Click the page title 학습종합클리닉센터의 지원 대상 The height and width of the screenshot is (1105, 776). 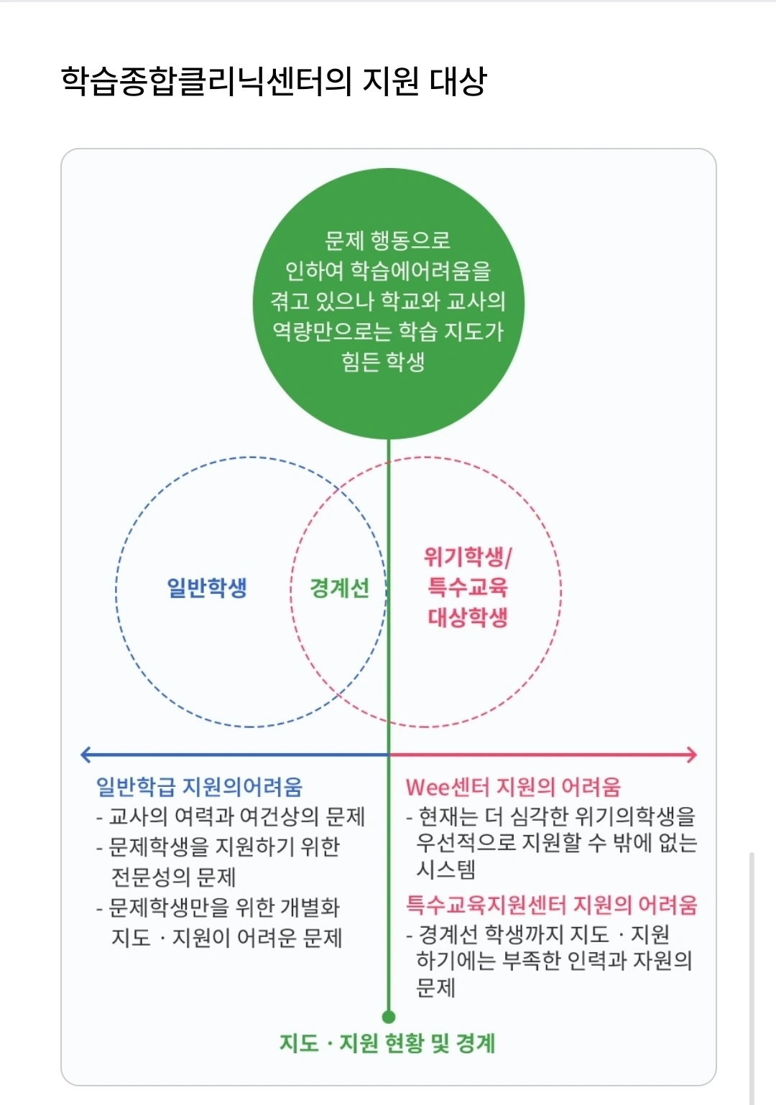coord(274,81)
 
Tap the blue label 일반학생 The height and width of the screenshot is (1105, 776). coord(207,587)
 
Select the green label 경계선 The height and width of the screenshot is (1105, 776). coord(339,588)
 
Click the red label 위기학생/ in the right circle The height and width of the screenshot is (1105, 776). coord(468,556)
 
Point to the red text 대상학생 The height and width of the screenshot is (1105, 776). coord(468,617)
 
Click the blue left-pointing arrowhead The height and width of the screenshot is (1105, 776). coord(86,755)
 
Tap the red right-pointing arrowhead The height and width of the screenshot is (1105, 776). coord(691,755)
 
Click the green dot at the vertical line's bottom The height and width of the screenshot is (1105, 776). coord(389,1017)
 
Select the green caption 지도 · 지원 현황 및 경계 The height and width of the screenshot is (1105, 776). coord(387,1043)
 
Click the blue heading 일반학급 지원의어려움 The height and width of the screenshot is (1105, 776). coord(199,787)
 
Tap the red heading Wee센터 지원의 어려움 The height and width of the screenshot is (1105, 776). coord(513,787)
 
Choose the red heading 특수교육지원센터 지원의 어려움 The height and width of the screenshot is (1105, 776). coord(551,905)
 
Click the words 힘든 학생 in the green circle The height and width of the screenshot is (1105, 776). coord(384,361)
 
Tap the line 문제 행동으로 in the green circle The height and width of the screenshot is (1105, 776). coord(388,241)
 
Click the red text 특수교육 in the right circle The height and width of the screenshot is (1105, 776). coord(468,587)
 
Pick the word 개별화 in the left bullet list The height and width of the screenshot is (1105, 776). coord(310,908)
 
